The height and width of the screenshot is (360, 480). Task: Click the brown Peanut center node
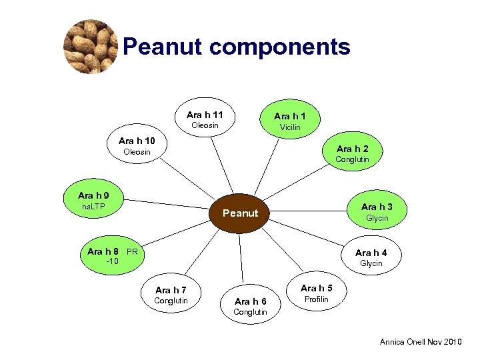click(240, 213)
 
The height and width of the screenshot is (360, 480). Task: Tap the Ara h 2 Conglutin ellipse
click(352, 153)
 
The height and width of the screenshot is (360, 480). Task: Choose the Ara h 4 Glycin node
click(371, 257)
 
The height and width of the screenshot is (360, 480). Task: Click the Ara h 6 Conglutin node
click(251, 306)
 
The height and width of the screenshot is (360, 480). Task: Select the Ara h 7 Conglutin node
click(171, 295)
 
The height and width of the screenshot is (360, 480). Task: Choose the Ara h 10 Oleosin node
click(137, 146)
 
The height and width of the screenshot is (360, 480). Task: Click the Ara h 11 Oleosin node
click(205, 119)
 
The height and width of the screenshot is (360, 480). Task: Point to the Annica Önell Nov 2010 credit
click(420, 342)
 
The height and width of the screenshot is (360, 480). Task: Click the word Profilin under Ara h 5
click(316, 299)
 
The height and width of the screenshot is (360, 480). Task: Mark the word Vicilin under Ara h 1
click(290, 127)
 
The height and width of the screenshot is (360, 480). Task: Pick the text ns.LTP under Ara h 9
click(93, 207)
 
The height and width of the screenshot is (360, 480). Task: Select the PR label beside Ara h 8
click(132, 252)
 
